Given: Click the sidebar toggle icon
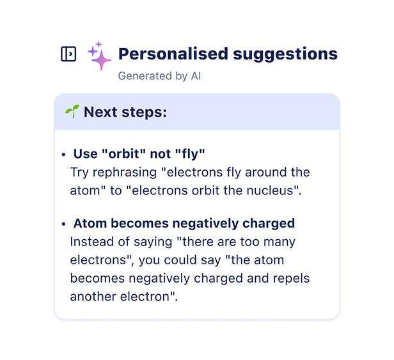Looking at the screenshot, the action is tap(68, 54).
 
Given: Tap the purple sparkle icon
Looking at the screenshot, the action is tap(100, 56).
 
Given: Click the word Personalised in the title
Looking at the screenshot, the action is tap(173, 54).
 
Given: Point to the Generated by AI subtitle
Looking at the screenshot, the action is tap(159, 76).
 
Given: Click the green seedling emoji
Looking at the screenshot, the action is tap(72, 111).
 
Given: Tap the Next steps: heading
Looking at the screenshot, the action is tap(125, 113).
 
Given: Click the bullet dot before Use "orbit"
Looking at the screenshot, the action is tap(63, 155).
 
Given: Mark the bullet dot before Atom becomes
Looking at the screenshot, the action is tap(63, 224).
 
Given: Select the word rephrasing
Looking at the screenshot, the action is tap(125, 173).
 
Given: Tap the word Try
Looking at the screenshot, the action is tap(79, 173).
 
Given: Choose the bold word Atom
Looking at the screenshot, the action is tap(90, 223).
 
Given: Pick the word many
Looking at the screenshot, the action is tap(280, 242).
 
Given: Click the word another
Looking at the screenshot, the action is tap(93, 297).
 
